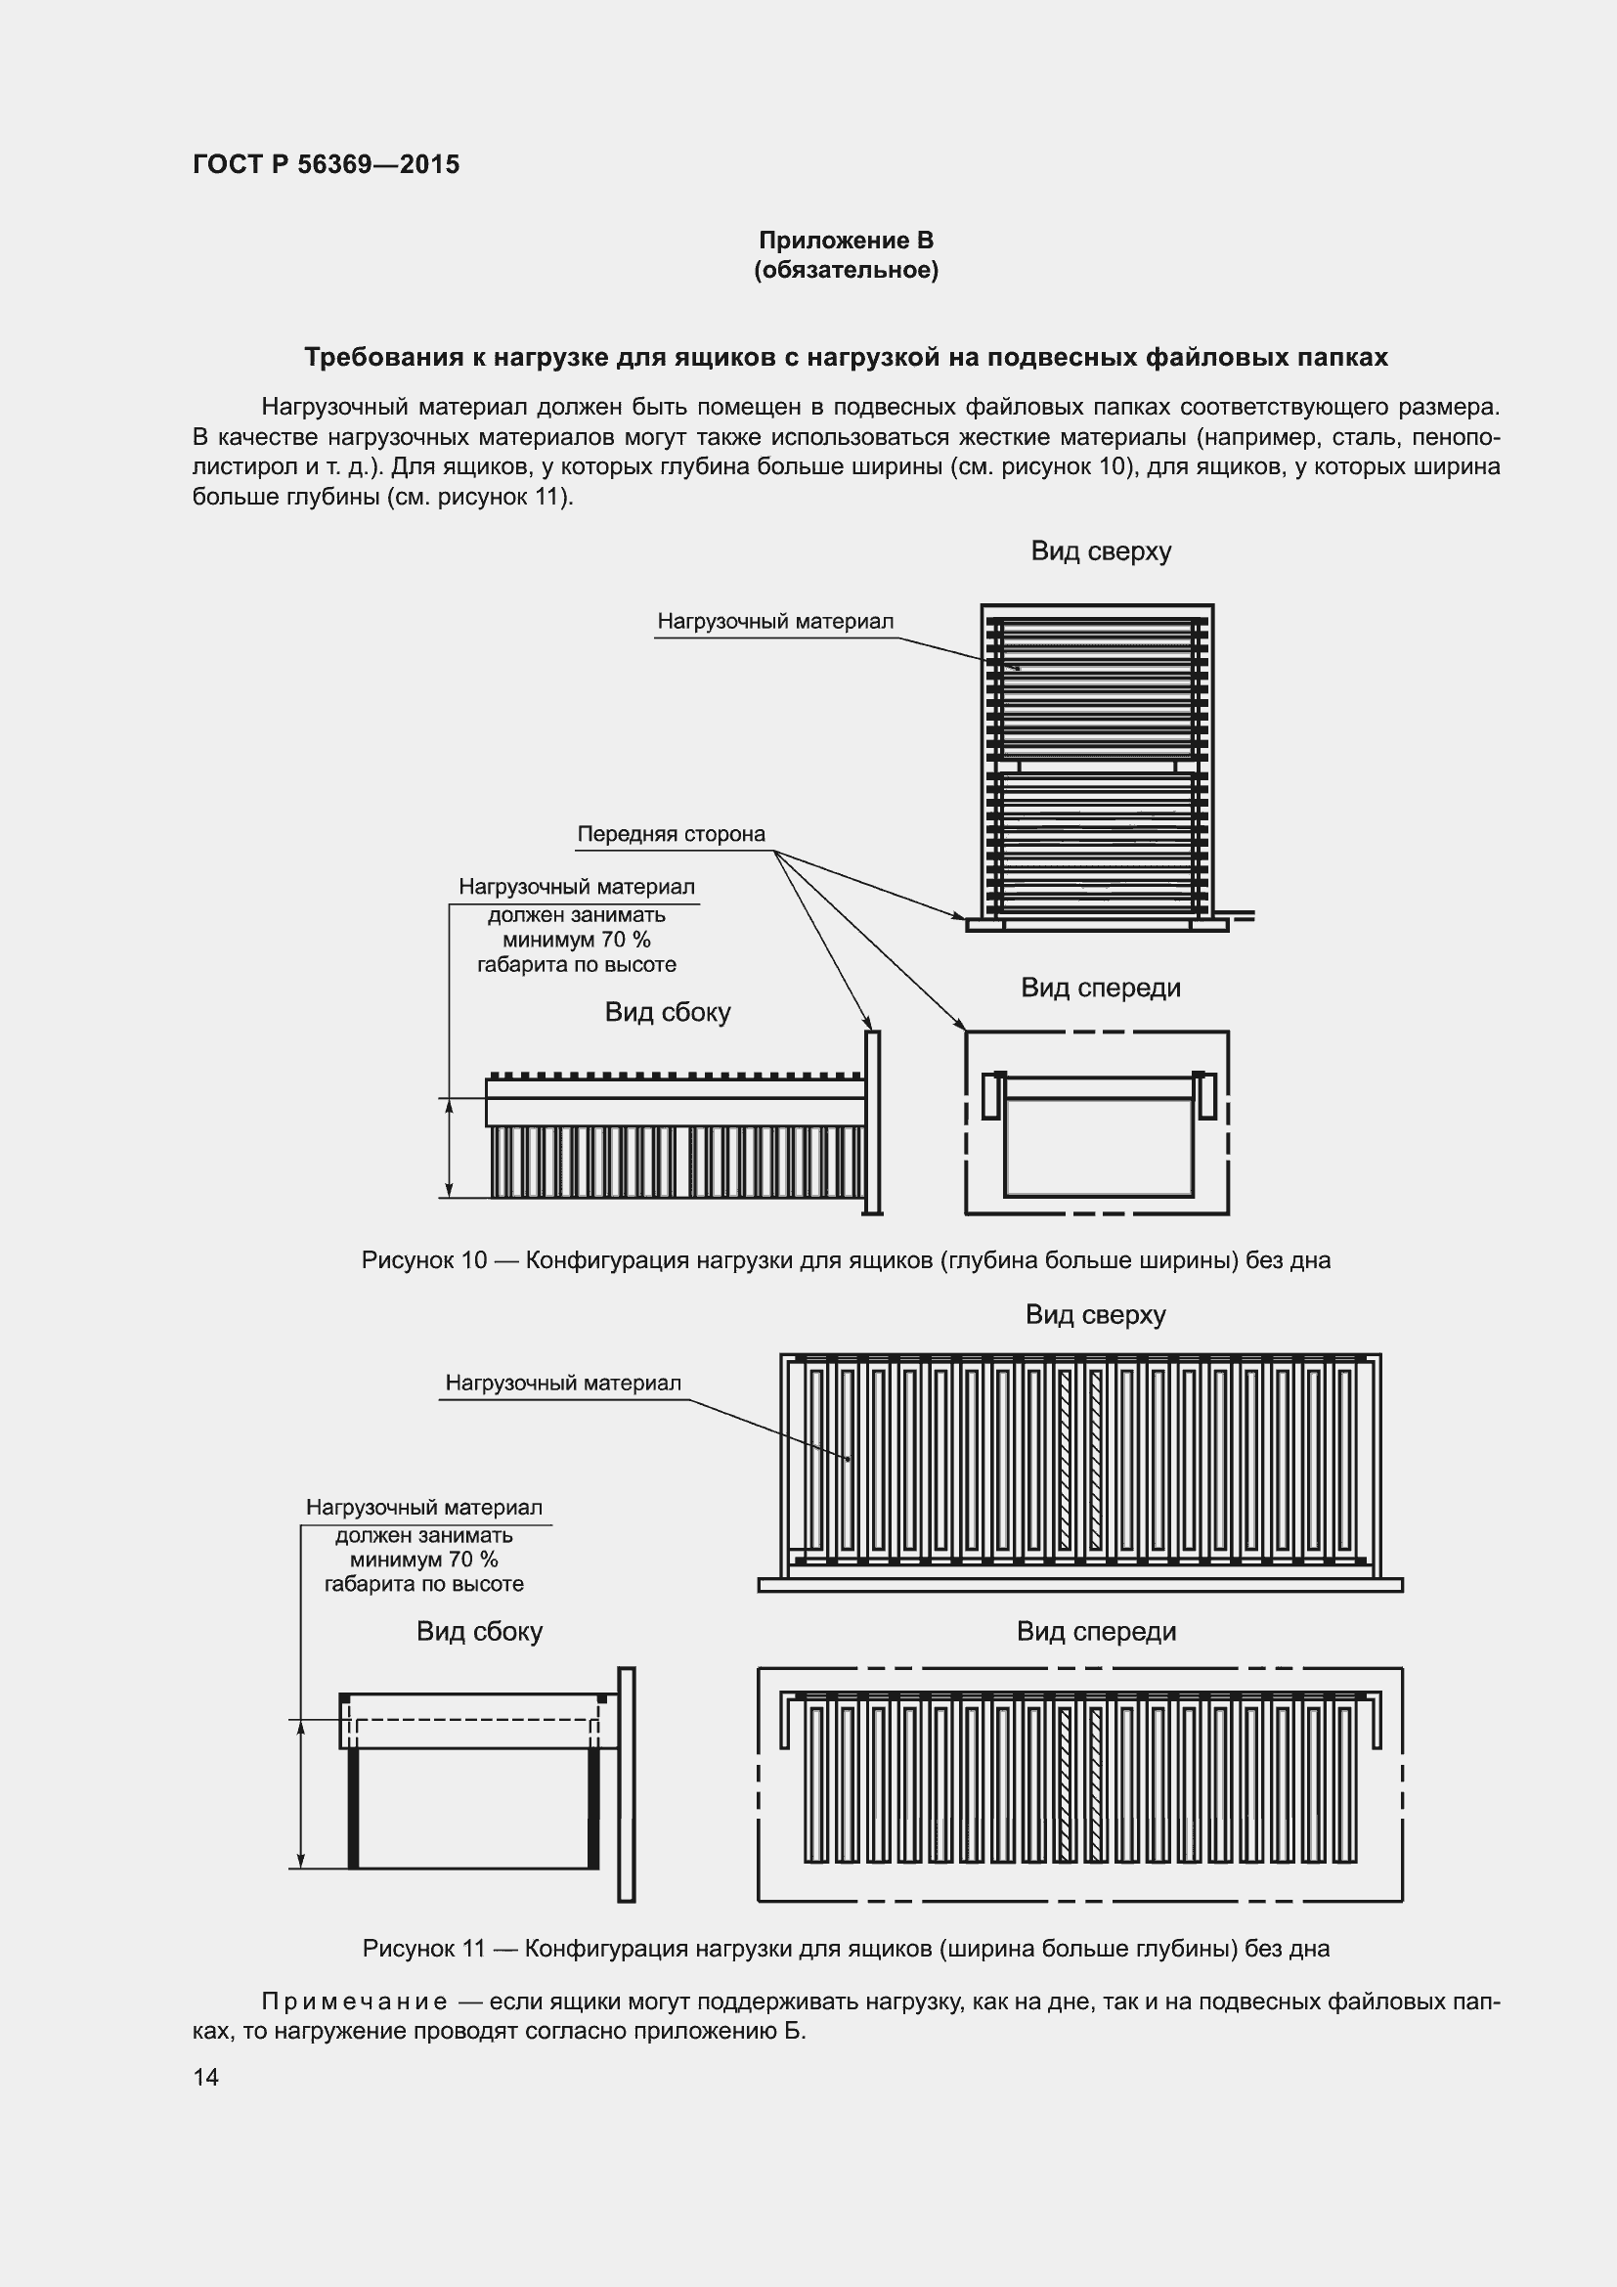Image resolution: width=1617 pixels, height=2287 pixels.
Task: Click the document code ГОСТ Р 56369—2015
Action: pyautogui.click(x=326, y=164)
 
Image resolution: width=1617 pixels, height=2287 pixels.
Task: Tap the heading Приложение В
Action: pyautogui.click(x=846, y=241)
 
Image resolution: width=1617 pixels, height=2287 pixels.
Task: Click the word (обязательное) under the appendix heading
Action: pyautogui.click(x=846, y=270)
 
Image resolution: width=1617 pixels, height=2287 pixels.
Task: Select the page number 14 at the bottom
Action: pyautogui.click(x=205, y=2076)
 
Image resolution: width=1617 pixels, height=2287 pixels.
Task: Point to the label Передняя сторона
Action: pyautogui.click(x=670, y=834)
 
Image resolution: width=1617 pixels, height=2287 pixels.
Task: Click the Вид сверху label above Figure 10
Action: pyautogui.click(x=1100, y=550)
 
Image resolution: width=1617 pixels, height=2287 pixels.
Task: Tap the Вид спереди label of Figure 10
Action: pyautogui.click(x=1100, y=988)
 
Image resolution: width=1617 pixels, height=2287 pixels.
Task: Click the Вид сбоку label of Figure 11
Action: pyautogui.click(x=479, y=1631)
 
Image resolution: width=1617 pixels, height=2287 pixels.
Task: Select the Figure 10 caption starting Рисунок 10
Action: pyautogui.click(x=846, y=1260)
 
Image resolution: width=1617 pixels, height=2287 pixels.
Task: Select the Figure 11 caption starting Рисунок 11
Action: pyautogui.click(x=846, y=1948)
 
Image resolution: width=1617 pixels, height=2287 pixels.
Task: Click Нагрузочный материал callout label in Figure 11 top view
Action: pyautogui.click(x=562, y=1383)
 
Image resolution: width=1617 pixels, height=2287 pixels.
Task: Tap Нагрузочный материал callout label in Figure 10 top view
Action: pyautogui.click(x=774, y=622)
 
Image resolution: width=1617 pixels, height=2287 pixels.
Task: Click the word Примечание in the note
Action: pyautogui.click(x=354, y=2001)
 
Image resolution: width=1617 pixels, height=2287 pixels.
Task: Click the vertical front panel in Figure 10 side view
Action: pyautogui.click(x=872, y=1122)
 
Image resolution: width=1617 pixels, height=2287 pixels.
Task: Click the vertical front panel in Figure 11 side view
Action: pyautogui.click(x=627, y=1783)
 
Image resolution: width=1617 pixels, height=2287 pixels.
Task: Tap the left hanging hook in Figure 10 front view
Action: pyautogui.click(x=990, y=1095)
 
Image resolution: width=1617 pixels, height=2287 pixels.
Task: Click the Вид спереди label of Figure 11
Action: pyautogui.click(x=1095, y=1631)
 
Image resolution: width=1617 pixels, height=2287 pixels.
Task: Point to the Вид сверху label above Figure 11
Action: pyautogui.click(x=1095, y=1314)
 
